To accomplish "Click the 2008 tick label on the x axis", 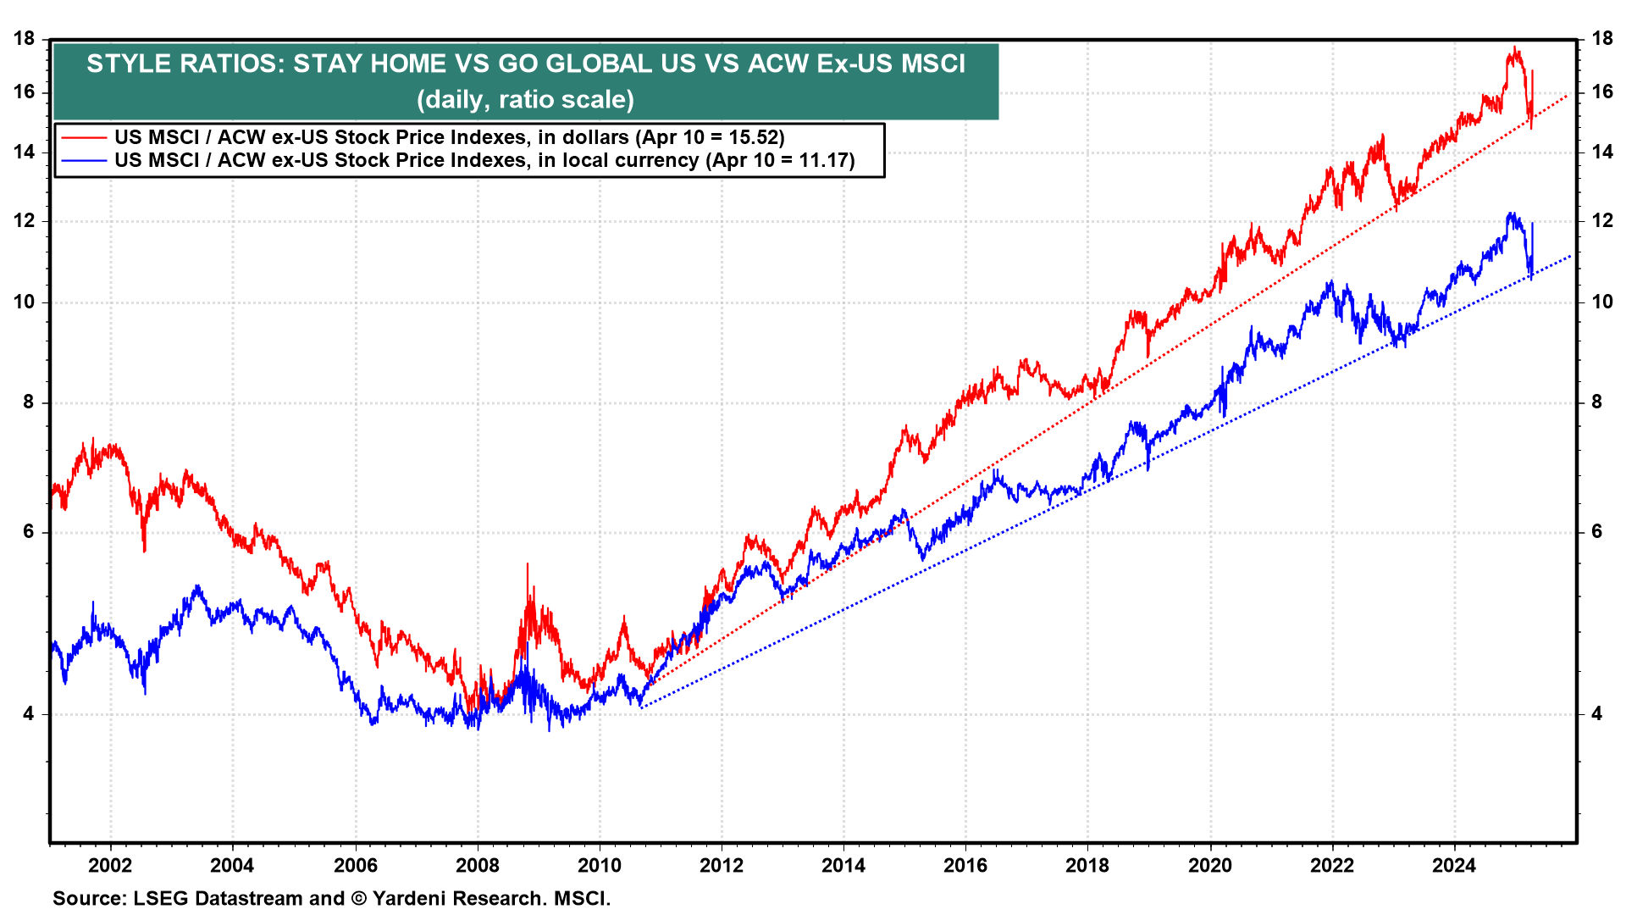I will click(x=478, y=865).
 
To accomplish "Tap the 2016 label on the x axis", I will click(x=965, y=865).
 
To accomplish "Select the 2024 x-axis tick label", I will click(x=1453, y=865).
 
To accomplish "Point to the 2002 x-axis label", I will click(x=110, y=865).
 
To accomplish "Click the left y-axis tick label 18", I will click(x=25, y=38).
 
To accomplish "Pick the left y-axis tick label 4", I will click(x=30, y=714).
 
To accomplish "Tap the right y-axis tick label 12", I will click(x=1602, y=221).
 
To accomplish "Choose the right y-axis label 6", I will click(x=1597, y=532).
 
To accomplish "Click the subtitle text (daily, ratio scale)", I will click(x=525, y=100).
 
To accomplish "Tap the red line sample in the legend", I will click(x=82, y=137).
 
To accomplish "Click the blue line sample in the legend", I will click(x=82, y=160).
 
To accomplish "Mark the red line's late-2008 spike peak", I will click(x=528, y=564).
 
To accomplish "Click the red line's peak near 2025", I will click(x=1514, y=47).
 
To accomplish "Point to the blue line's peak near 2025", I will click(x=1510, y=213).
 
